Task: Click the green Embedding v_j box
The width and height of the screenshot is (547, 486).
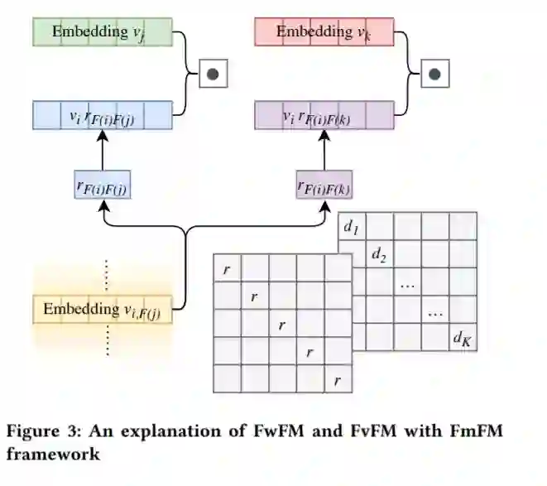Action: [x=103, y=32]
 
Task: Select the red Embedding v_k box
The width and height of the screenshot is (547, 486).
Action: [x=324, y=32]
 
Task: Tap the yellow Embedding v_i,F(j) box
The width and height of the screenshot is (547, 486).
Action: [x=103, y=310]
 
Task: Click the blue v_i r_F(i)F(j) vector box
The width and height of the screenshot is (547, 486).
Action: [x=103, y=116]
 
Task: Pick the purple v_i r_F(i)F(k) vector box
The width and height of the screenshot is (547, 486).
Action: [x=324, y=116]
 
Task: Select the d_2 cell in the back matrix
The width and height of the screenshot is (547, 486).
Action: [x=380, y=254]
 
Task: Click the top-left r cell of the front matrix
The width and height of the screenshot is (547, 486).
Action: [x=228, y=268]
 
